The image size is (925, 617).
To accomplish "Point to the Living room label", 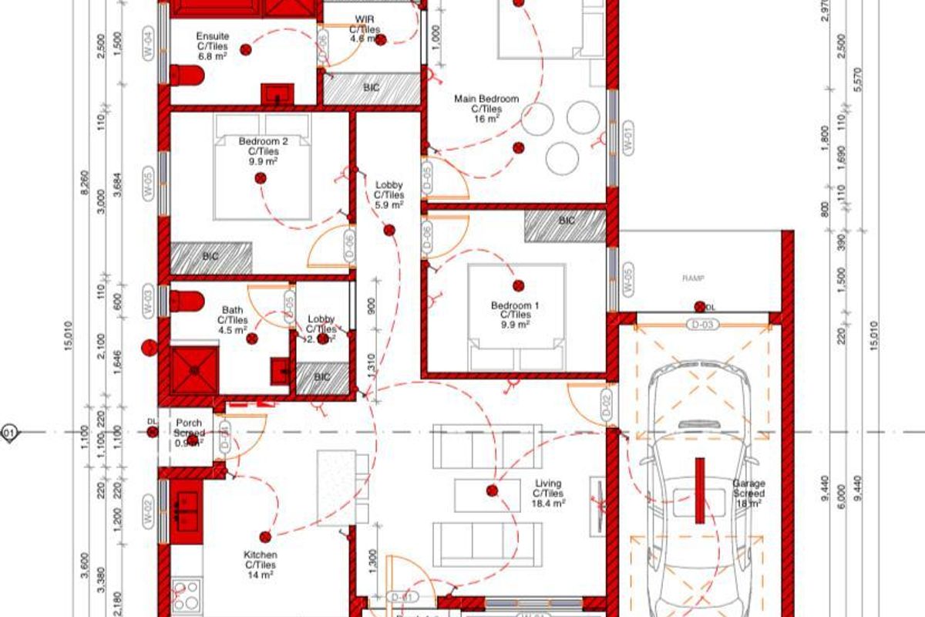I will click(548, 493).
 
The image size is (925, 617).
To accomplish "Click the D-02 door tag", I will click(607, 404).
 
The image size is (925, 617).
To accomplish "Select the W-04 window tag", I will click(148, 39).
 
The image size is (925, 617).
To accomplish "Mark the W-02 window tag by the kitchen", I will click(148, 514).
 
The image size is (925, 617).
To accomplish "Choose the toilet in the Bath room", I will click(187, 301).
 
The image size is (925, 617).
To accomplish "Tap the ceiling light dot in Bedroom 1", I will click(518, 286).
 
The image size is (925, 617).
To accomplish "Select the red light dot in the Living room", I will click(492, 490).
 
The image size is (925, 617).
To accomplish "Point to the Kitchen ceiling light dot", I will click(266, 537).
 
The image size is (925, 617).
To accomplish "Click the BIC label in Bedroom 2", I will click(210, 255).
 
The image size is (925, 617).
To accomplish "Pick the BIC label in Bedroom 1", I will click(567, 221).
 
